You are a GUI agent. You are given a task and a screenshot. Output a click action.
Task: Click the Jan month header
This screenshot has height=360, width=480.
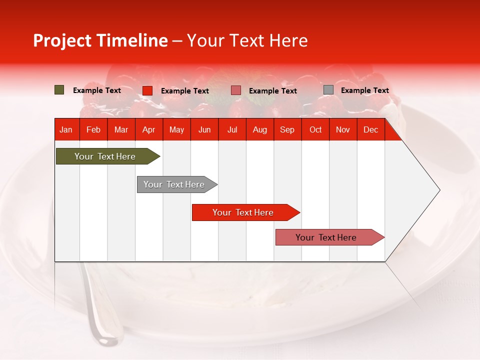66,129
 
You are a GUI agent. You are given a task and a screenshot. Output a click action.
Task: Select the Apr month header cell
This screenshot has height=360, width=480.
148,129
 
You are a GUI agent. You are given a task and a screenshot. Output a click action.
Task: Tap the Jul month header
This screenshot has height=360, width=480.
232,129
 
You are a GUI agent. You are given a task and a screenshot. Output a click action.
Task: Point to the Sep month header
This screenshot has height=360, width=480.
287,129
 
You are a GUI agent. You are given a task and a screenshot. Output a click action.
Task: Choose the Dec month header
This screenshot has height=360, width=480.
370,129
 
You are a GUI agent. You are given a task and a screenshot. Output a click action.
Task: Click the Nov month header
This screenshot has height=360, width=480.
342,129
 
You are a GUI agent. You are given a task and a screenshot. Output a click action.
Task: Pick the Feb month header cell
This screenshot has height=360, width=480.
93,129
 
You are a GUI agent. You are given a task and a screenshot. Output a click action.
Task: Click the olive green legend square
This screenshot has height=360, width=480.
59,90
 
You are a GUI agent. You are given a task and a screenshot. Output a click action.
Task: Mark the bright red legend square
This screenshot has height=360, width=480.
147,90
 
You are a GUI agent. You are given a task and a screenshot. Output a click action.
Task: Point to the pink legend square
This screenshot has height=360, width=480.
236,90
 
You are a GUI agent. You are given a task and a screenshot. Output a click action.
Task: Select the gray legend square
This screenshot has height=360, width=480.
328,90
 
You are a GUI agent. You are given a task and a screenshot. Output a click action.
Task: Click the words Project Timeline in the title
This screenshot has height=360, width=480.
100,40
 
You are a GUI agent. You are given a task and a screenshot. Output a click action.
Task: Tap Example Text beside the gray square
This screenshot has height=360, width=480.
364,90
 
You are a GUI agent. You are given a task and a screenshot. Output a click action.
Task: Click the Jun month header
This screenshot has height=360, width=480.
204,129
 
